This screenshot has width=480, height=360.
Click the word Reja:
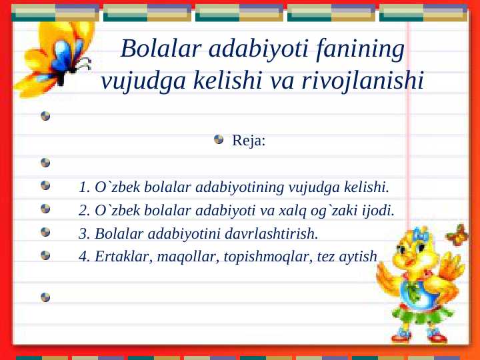(249, 141)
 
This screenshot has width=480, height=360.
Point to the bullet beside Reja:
(219, 140)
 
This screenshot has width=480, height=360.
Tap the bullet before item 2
(45, 209)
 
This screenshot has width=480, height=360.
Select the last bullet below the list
(45, 297)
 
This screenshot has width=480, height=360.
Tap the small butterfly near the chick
(458, 234)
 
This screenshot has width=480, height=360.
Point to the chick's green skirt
(417, 313)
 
